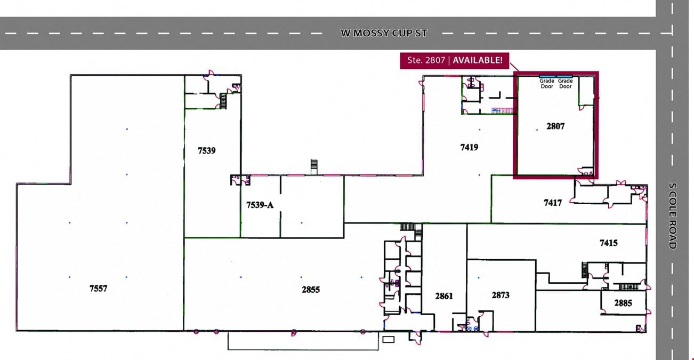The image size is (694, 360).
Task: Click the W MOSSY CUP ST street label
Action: (384, 33)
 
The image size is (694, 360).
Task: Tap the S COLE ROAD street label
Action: (672, 216)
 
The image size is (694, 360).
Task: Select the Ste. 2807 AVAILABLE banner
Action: (455, 60)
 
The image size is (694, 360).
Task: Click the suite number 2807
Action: (555, 126)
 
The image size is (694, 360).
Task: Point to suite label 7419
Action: (469, 147)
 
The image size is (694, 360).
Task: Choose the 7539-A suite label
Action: (260, 205)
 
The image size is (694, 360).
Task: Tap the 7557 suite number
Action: (98, 289)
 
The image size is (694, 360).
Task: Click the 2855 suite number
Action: (311, 290)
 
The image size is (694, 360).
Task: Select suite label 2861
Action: (444, 296)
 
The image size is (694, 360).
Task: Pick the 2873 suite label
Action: (501, 295)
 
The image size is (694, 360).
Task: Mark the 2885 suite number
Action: (623, 303)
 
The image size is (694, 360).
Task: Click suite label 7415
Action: (609, 243)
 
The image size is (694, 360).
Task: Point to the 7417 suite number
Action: (553, 203)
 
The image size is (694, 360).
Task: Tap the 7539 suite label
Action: (207, 151)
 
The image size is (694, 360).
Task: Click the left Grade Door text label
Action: (547, 84)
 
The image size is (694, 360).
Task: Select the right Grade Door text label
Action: (566, 84)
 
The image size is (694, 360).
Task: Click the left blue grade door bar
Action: (547, 76)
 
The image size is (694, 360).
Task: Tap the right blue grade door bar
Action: (564, 76)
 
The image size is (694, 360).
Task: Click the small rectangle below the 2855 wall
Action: (388, 340)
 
